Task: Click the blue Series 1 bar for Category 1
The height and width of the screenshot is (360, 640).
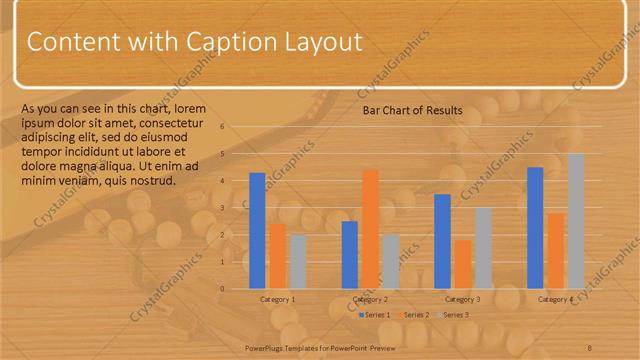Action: coord(257,230)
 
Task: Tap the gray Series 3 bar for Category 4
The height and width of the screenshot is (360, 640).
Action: coord(576,220)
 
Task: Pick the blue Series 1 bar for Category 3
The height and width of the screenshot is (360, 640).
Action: coord(442,241)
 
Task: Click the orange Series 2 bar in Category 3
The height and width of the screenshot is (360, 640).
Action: coord(462,264)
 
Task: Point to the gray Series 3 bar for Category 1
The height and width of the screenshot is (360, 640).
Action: coord(297,261)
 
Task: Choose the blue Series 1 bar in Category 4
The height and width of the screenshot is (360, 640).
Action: coord(535,227)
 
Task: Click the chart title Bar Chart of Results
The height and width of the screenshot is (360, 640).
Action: coord(412,110)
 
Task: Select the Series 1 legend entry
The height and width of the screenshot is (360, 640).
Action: coord(375,315)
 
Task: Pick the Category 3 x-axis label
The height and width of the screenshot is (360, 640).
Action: coord(462,299)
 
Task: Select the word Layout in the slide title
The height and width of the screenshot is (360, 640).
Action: coord(321,42)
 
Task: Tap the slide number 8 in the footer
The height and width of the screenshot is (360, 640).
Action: coord(590,347)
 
